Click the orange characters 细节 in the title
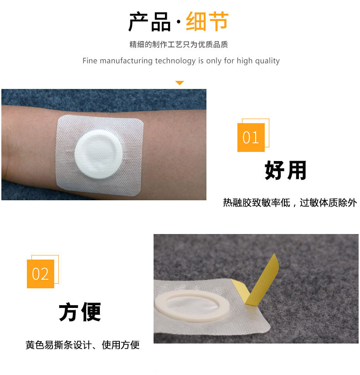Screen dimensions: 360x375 [x=207, y=21]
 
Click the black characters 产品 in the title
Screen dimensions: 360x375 [x=149, y=22]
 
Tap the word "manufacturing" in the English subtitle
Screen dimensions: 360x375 [x=126, y=61]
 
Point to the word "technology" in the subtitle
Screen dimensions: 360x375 [x=175, y=61]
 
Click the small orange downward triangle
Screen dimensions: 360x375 [x=180, y=83]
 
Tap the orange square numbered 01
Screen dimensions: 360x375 [x=251, y=137]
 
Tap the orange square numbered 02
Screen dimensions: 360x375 [x=41, y=274]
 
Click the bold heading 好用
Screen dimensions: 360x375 [x=286, y=170]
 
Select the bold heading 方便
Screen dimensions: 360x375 [x=80, y=312]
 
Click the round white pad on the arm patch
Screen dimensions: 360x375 [x=99, y=154]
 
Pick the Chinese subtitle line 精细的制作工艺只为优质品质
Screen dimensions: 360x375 [x=179, y=45]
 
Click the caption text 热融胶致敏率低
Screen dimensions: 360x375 [x=257, y=203]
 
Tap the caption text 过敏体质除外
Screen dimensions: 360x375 [x=328, y=203]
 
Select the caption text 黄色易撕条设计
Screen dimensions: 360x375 [x=58, y=345]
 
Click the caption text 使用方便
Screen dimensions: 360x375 [x=121, y=345]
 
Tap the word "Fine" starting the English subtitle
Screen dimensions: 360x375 [x=90, y=61]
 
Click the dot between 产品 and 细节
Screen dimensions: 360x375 [x=179, y=22]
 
